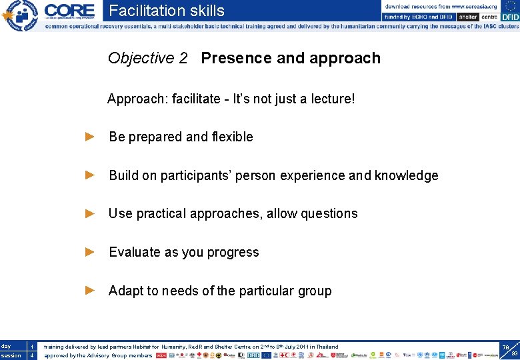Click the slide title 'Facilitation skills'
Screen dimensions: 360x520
pyautogui.click(x=167, y=11)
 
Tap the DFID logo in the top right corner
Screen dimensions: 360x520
pyautogui.click(x=509, y=17)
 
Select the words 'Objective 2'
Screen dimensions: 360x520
pyautogui.click(x=147, y=59)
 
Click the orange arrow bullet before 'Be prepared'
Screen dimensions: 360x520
pyautogui.click(x=91, y=137)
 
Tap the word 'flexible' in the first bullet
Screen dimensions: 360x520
pyautogui.click(x=232, y=137)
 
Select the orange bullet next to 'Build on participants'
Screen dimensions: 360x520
pyautogui.click(x=91, y=175)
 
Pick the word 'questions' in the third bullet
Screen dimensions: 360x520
pyautogui.click(x=329, y=214)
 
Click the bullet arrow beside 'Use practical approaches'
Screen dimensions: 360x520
pyautogui.click(x=91, y=213)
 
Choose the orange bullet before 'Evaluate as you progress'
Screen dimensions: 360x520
pyautogui.click(x=91, y=252)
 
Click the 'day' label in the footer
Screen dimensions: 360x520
pyautogui.click(x=6, y=347)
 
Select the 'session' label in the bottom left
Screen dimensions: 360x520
pyautogui.click(x=11, y=356)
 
